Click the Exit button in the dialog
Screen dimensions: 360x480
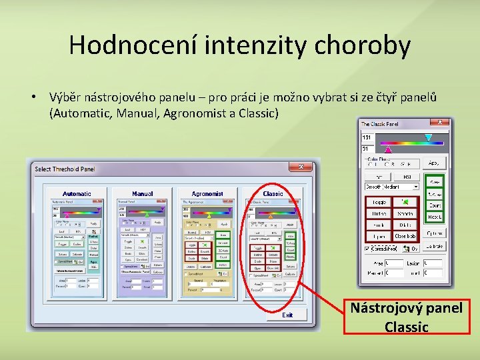pyautogui.click(x=287, y=315)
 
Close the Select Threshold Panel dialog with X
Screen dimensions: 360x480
pyautogui.click(x=301, y=167)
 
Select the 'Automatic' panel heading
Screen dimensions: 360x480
pyautogui.click(x=77, y=194)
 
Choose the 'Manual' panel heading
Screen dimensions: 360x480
pyautogui.click(x=142, y=194)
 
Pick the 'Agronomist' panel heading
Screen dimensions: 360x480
pyautogui.click(x=207, y=194)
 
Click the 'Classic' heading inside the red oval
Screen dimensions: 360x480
pyautogui.click(x=273, y=194)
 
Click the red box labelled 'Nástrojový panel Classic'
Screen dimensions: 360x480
pyautogui.click(x=407, y=317)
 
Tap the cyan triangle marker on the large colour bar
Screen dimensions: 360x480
pyautogui.click(x=428, y=138)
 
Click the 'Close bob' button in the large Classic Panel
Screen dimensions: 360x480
pyautogui.click(x=405, y=237)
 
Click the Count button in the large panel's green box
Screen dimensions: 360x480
pyautogui.click(x=435, y=206)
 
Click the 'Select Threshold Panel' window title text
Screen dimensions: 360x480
pyautogui.click(x=65, y=169)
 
